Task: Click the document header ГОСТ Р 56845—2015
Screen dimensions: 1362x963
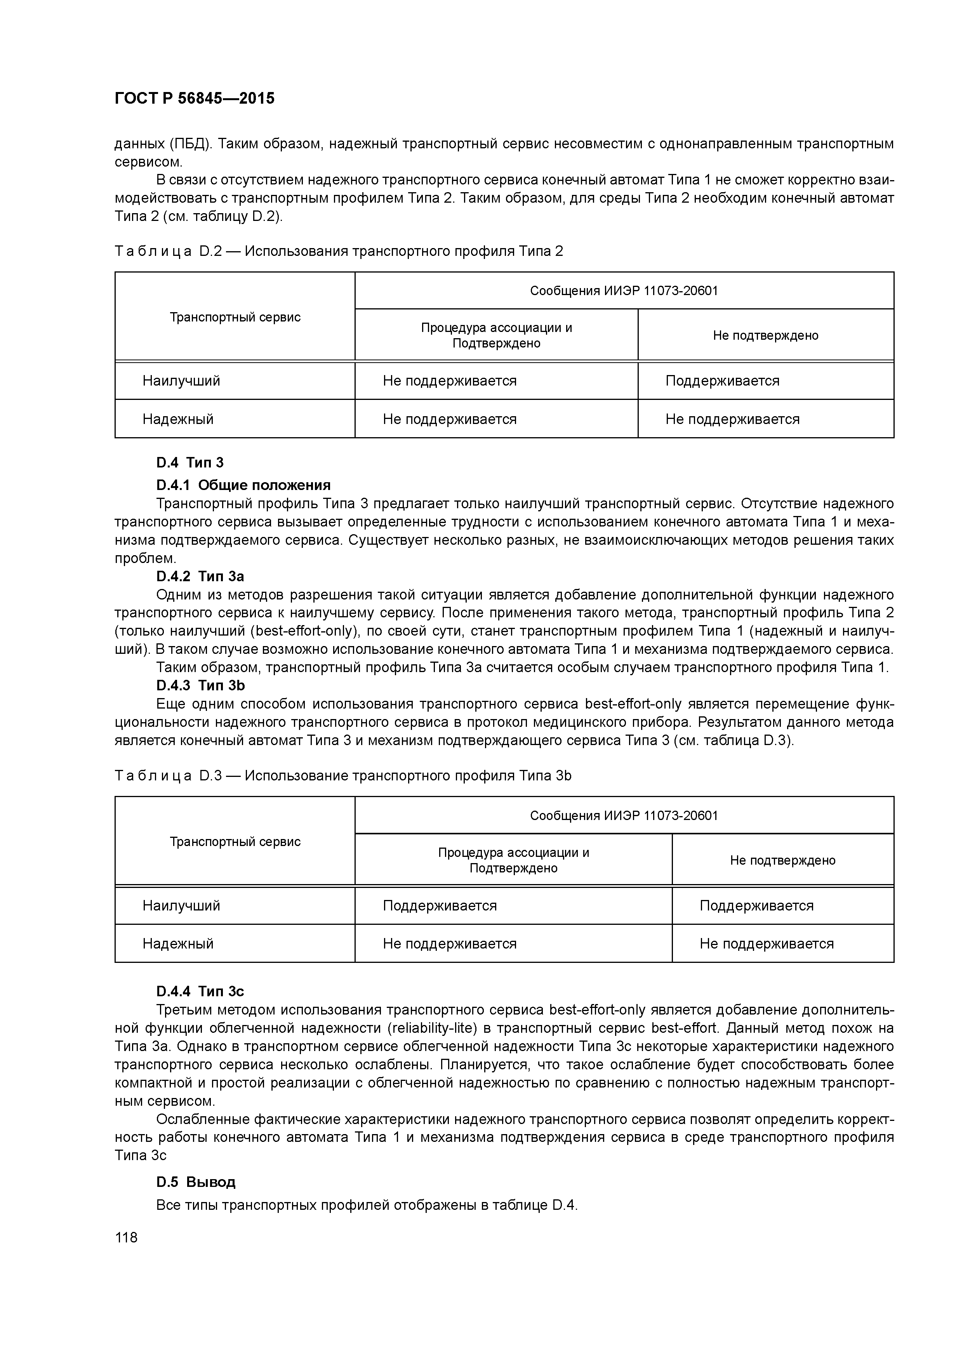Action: [194, 99]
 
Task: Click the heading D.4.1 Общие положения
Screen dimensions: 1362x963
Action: [243, 485]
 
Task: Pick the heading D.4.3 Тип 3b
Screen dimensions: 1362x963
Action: [200, 686]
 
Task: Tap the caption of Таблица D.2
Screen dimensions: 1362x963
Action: [338, 252]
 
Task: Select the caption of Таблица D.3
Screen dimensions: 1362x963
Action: [342, 776]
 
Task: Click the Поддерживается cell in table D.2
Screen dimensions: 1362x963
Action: [722, 381]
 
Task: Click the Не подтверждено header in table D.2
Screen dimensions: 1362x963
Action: [765, 336]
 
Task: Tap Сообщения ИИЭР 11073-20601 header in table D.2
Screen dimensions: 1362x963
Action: [624, 291]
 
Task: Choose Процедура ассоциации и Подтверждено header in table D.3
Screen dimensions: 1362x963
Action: [513, 860]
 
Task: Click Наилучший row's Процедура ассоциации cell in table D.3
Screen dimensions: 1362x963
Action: [440, 906]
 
